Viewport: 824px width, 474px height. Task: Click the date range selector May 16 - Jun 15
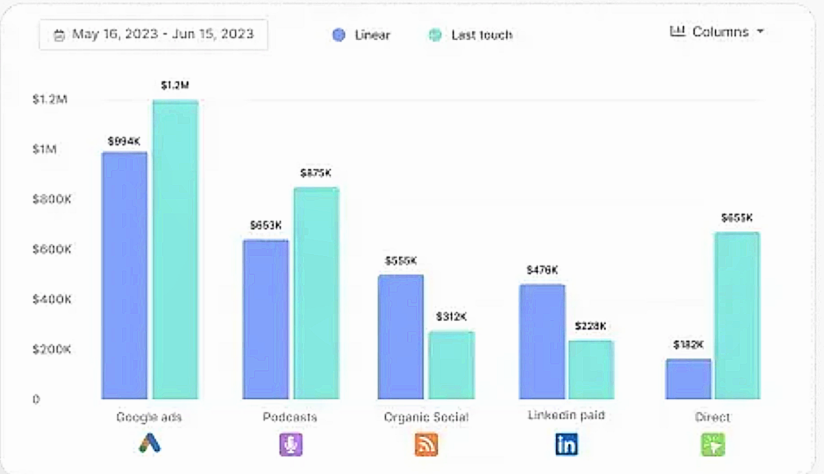[x=154, y=34]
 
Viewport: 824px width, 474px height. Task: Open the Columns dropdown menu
[x=717, y=32]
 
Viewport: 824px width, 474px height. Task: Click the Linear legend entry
[x=361, y=35]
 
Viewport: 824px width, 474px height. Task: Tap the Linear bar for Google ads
[x=124, y=276]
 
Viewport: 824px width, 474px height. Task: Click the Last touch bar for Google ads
[x=175, y=250]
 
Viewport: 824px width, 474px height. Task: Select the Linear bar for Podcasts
[x=266, y=319]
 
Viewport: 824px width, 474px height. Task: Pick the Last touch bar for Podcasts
[x=316, y=293]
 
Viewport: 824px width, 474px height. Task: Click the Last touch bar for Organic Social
[x=451, y=365]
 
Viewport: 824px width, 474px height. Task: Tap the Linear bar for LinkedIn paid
[x=542, y=342]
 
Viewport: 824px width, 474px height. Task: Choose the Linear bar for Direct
[x=688, y=379]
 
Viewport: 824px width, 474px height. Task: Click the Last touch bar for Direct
[x=737, y=316]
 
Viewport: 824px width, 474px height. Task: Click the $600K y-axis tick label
[x=51, y=250]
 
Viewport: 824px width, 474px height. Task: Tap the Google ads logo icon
[x=150, y=444]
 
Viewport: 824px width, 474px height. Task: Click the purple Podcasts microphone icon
[x=291, y=444]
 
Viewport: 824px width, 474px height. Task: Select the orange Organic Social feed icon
[x=426, y=444]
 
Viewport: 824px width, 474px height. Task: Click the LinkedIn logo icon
[x=566, y=444]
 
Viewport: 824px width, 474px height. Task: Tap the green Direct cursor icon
[x=713, y=444]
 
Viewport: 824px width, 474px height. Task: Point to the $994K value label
[x=124, y=141]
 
